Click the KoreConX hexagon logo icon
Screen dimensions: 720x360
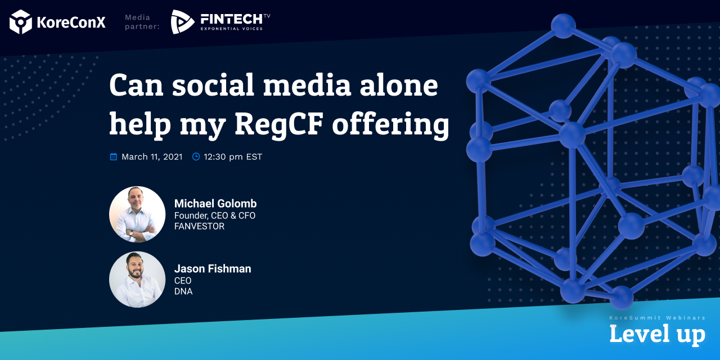coord(21,22)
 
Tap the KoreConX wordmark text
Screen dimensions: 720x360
coord(71,22)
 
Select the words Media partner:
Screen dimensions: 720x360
coord(142,22)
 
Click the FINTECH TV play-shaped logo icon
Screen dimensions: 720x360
coord(182,22)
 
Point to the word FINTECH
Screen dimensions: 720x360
coord(231,19)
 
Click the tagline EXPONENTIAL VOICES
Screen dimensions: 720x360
coord(231,29)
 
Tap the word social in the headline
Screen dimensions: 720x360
coord(213,84)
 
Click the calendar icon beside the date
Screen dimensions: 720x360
coord(114,156)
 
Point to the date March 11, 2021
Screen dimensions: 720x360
coord(152,156)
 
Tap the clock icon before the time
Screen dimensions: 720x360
coord(196,156)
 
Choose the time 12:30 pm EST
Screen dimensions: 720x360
coord(233,157)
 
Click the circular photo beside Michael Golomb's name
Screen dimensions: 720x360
coord(137,214)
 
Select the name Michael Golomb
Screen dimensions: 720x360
coord(215,204)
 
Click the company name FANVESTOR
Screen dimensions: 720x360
coord(199,226)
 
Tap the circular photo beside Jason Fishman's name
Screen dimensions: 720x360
coord(137,280)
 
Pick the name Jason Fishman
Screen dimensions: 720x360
coord(213,269)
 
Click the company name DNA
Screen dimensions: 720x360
coord(183,291)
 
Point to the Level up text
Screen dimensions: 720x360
coord(658,334)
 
